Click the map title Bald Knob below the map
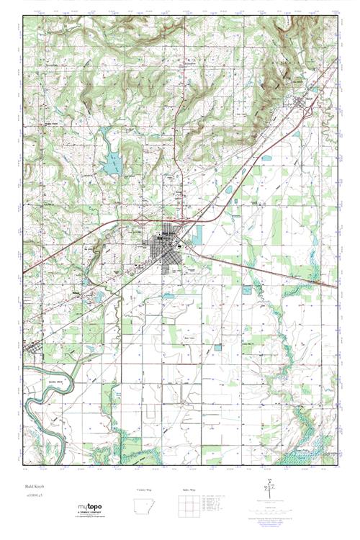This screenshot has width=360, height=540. pyautogui.click(x=35, y=487)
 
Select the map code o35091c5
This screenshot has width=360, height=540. pyautogui.click(x=35, y=496)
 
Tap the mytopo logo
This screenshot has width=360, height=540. pyautogui.click(x=93, y=508)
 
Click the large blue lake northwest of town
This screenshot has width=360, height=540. pyautogui.click(x=111, y=165)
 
